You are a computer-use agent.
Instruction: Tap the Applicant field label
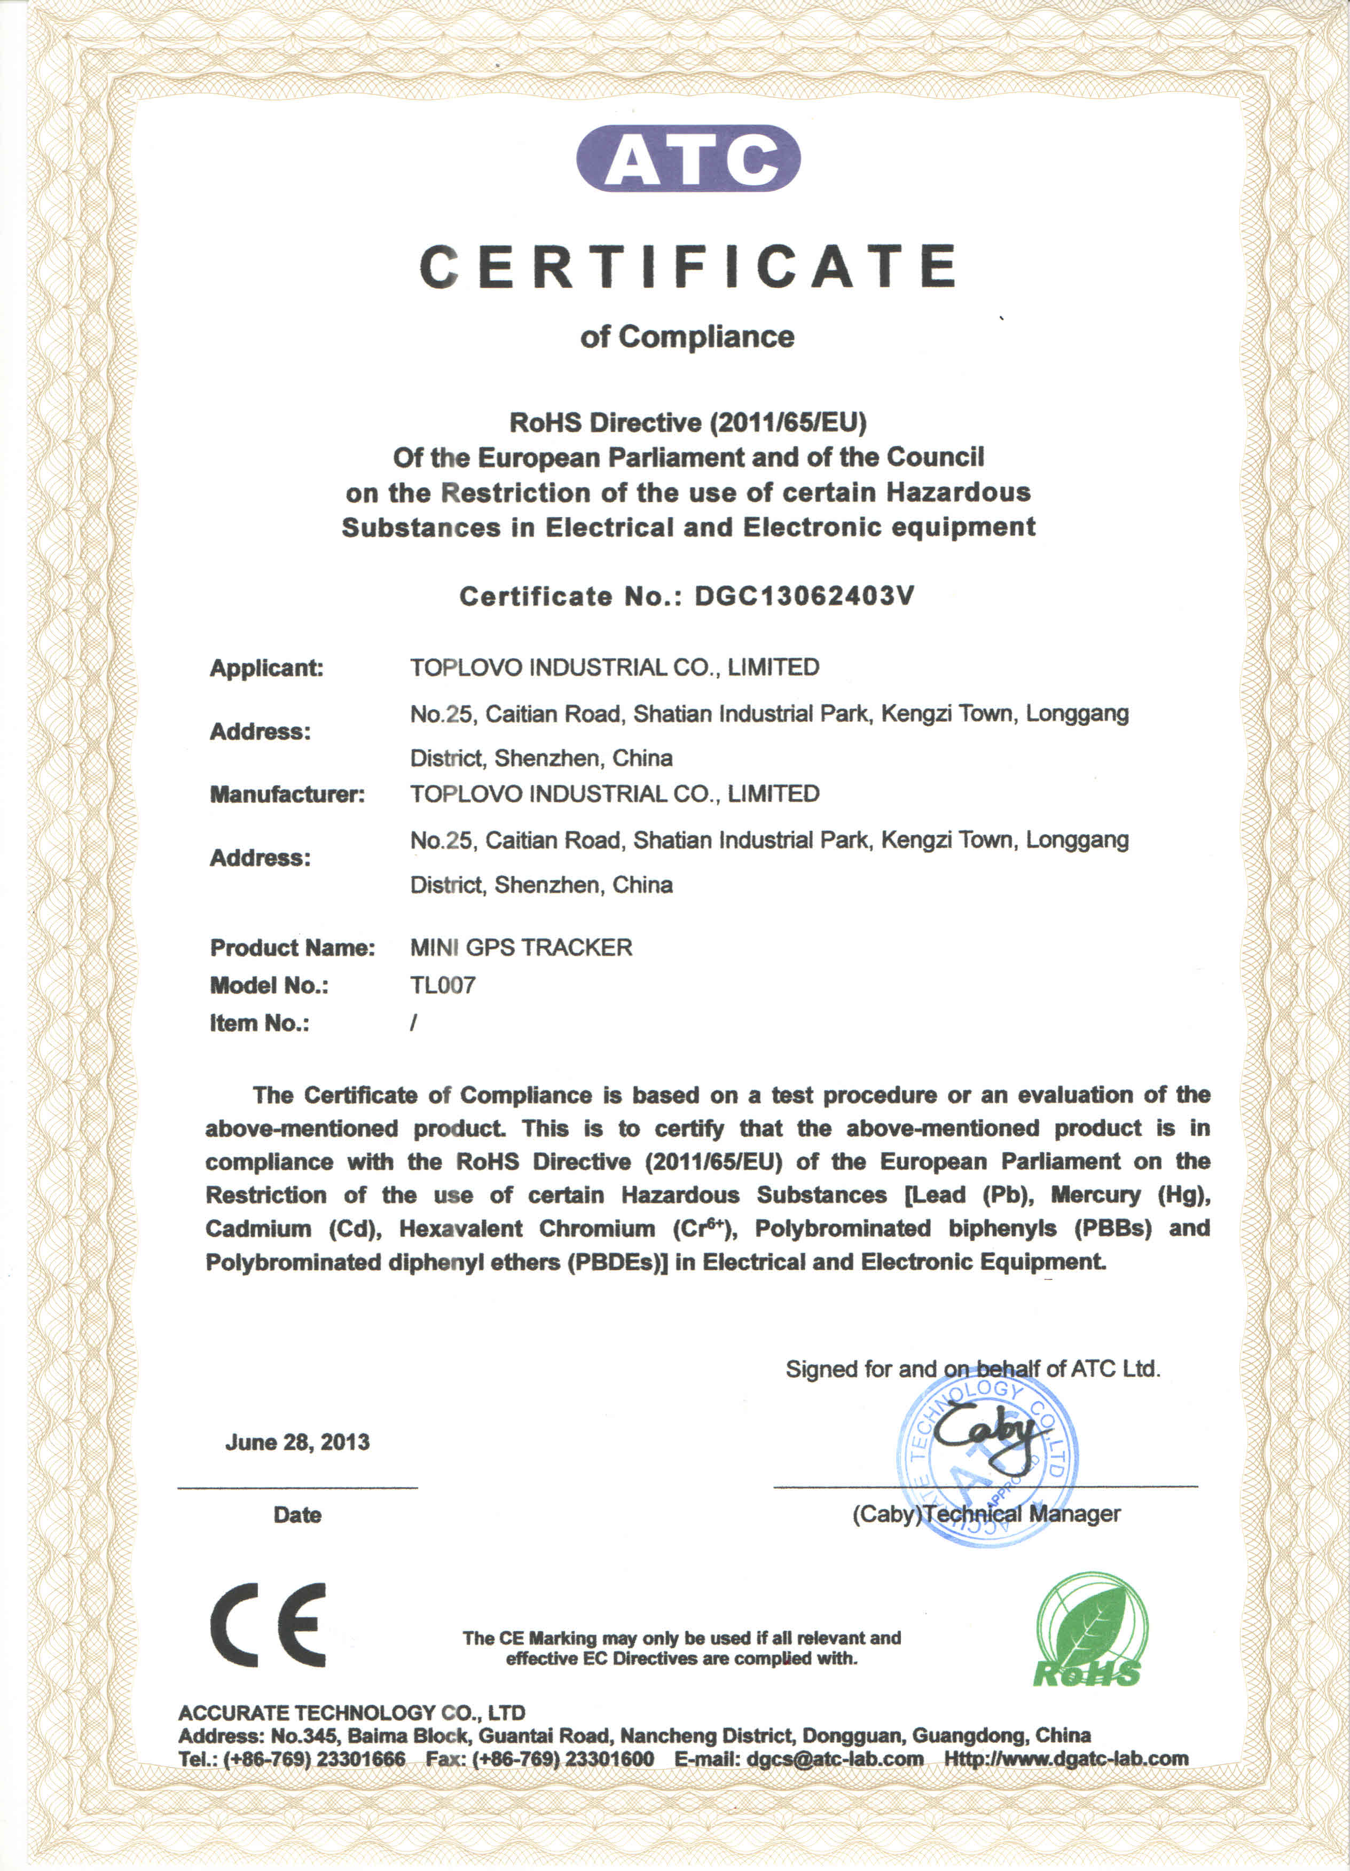coord(266,667)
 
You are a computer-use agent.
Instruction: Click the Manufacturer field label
coord(286,795)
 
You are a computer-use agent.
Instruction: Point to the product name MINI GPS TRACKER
coord(521,947)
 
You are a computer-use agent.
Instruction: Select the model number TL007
coord(442,985)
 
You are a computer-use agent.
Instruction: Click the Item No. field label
coord(259,1023)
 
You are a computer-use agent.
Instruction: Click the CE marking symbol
coord(268,1625)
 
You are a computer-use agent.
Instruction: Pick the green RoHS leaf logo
coord(1090,1629)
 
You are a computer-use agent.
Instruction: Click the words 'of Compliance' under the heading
coord(687,336)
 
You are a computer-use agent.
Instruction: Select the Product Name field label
coord(292,947)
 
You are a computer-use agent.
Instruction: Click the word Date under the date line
coord(297,1515)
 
